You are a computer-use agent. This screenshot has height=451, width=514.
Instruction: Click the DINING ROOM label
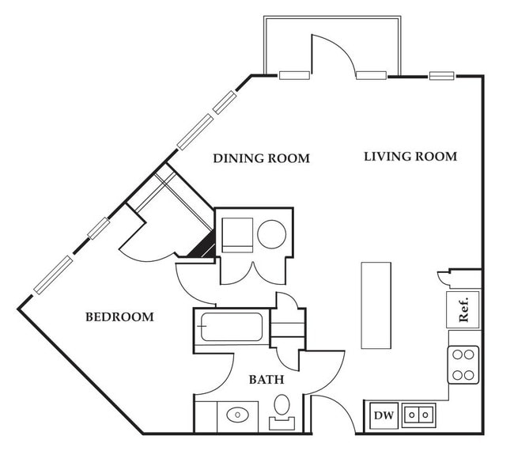[261, 158]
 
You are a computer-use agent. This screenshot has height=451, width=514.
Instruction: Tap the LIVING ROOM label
[410, 157]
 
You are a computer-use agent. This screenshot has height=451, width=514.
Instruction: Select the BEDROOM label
[119, 316]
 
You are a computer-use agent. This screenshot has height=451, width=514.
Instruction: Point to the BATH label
[266, 380]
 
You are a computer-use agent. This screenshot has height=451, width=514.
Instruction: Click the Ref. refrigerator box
[463, 309]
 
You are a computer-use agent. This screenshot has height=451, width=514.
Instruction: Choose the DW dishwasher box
[384, 415]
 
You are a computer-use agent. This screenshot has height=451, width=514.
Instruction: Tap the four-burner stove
[463, 365]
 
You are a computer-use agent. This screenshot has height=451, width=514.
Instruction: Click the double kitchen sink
[418, 415]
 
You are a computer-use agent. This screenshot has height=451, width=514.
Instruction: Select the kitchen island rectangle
[376, 305]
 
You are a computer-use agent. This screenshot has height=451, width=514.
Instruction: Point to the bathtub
[232, 327]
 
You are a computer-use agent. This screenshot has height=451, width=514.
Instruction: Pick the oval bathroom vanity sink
[238, 415]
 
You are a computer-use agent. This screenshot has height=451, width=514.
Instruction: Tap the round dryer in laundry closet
[272, 234]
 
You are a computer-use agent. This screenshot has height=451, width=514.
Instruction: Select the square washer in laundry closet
[238, 235]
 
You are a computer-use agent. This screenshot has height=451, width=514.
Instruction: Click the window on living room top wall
[442, 76]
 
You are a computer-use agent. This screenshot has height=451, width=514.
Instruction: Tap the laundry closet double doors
[253, 275]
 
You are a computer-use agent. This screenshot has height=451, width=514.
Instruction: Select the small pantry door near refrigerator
[443, 279]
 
